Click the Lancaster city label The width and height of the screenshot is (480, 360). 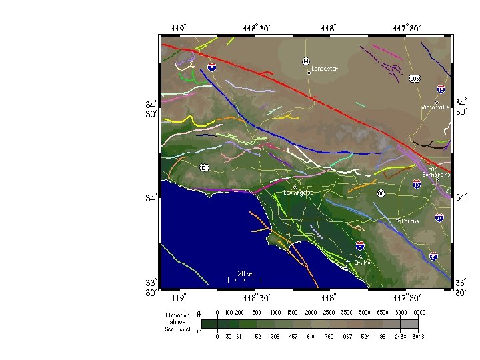(x=325, y=69)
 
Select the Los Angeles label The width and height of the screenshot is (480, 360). (x=298, y=192)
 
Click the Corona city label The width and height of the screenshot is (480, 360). (x=409, y=221)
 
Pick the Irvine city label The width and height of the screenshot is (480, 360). (x=362, y=262)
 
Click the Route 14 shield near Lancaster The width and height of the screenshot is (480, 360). (x=305, y=61)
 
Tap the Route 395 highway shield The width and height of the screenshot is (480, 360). (x=415, y=78)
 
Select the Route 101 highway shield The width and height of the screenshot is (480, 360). (x=204, y=167)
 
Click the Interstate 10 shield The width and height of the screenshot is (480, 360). (x=417, y=184)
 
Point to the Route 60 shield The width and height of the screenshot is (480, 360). (x=380, y=193)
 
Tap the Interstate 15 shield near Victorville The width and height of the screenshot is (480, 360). (x=441, y=89)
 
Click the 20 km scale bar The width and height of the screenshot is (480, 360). (x=245, y=277)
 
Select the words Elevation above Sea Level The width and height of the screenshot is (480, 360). (x=177, y=322)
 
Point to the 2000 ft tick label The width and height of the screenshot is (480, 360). (x=310, y=312)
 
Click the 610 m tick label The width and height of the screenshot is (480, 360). (x=310, y=336)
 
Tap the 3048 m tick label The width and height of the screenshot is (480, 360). (x=418, y=336)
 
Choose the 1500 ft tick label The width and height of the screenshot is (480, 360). (x=291, y=312)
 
